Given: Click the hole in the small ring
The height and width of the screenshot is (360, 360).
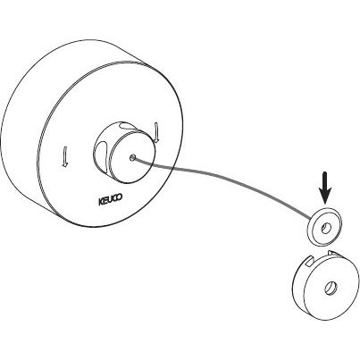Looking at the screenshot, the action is (x=326, y=229).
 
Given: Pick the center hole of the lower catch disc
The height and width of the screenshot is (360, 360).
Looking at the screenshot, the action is (x=330, y=288).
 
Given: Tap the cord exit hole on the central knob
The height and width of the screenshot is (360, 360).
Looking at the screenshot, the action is (x=132, y=157).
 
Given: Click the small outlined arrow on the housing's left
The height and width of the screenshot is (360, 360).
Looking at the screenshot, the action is (x=64, y=156).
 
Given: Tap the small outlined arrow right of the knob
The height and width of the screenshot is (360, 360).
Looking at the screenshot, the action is (x=157, y=131).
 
